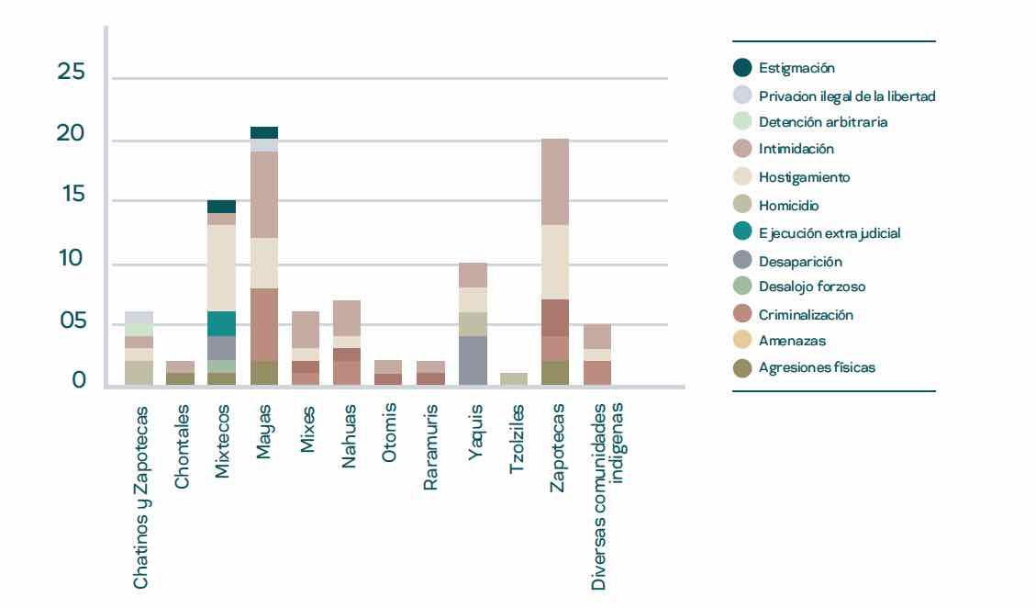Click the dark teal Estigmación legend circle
(x=742, y=67)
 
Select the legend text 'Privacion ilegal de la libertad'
(x=847, y=95)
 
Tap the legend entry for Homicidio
(x=788, y=206)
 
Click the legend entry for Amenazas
(x=792, y=340)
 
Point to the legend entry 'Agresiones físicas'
(x=817, y=367)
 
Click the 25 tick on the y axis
(x=72, y=73)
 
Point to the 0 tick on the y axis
(x=80, y=380)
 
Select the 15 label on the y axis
(x=72, y=196)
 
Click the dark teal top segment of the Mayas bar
(x=264, y=132)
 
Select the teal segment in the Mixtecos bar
(x=221, y=323)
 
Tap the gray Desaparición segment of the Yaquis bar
(x=473, y=360)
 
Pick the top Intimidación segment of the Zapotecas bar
(x=554, y=182)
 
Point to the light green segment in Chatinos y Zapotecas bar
(x=139, y=329)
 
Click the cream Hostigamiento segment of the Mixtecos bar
(x=221, y=268)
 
